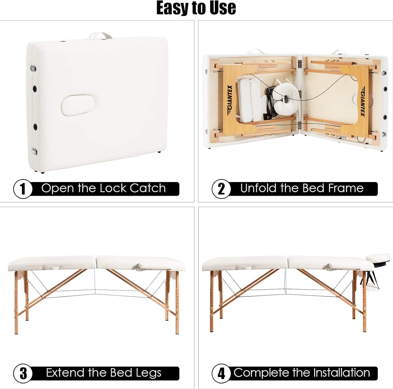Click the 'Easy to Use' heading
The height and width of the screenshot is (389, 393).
[x=196, y=8]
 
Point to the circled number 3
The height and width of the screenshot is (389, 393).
[x=23, y=373]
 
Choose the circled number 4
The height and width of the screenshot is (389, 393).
[x=221, y=373]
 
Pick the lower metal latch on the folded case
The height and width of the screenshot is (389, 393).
[x=34, y=151]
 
